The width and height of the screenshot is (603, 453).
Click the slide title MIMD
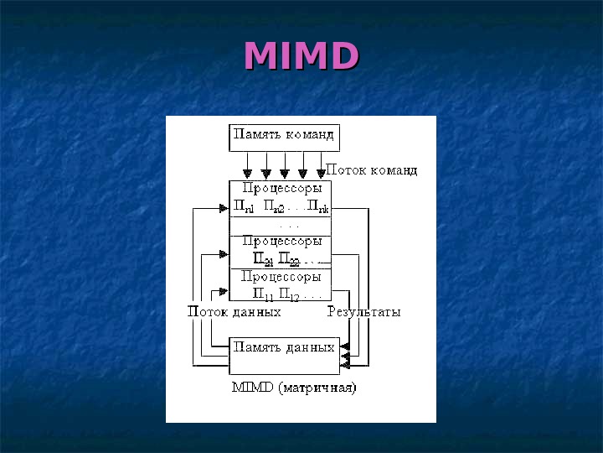click(x=301, y=56)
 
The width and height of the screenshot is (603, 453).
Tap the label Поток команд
click(x=370, y=169)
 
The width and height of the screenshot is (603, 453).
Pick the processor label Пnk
click(x=317, y=206)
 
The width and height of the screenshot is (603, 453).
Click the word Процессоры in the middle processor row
click(x=281, y=242)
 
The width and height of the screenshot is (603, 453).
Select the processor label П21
click(x=263, y=259)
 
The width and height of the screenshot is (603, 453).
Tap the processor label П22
click(x=288, y=259)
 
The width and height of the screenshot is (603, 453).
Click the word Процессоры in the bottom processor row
click(x=281, y=276)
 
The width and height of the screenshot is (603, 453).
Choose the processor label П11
click(x=263, y=294)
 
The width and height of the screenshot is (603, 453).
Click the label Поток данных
click(x=234, y=312)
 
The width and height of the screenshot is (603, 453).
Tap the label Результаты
click(x=363, y=312)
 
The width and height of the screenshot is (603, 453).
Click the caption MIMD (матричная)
click(x=293, y=388)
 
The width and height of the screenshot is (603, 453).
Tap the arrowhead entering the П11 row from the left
click(x=224, y=292)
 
